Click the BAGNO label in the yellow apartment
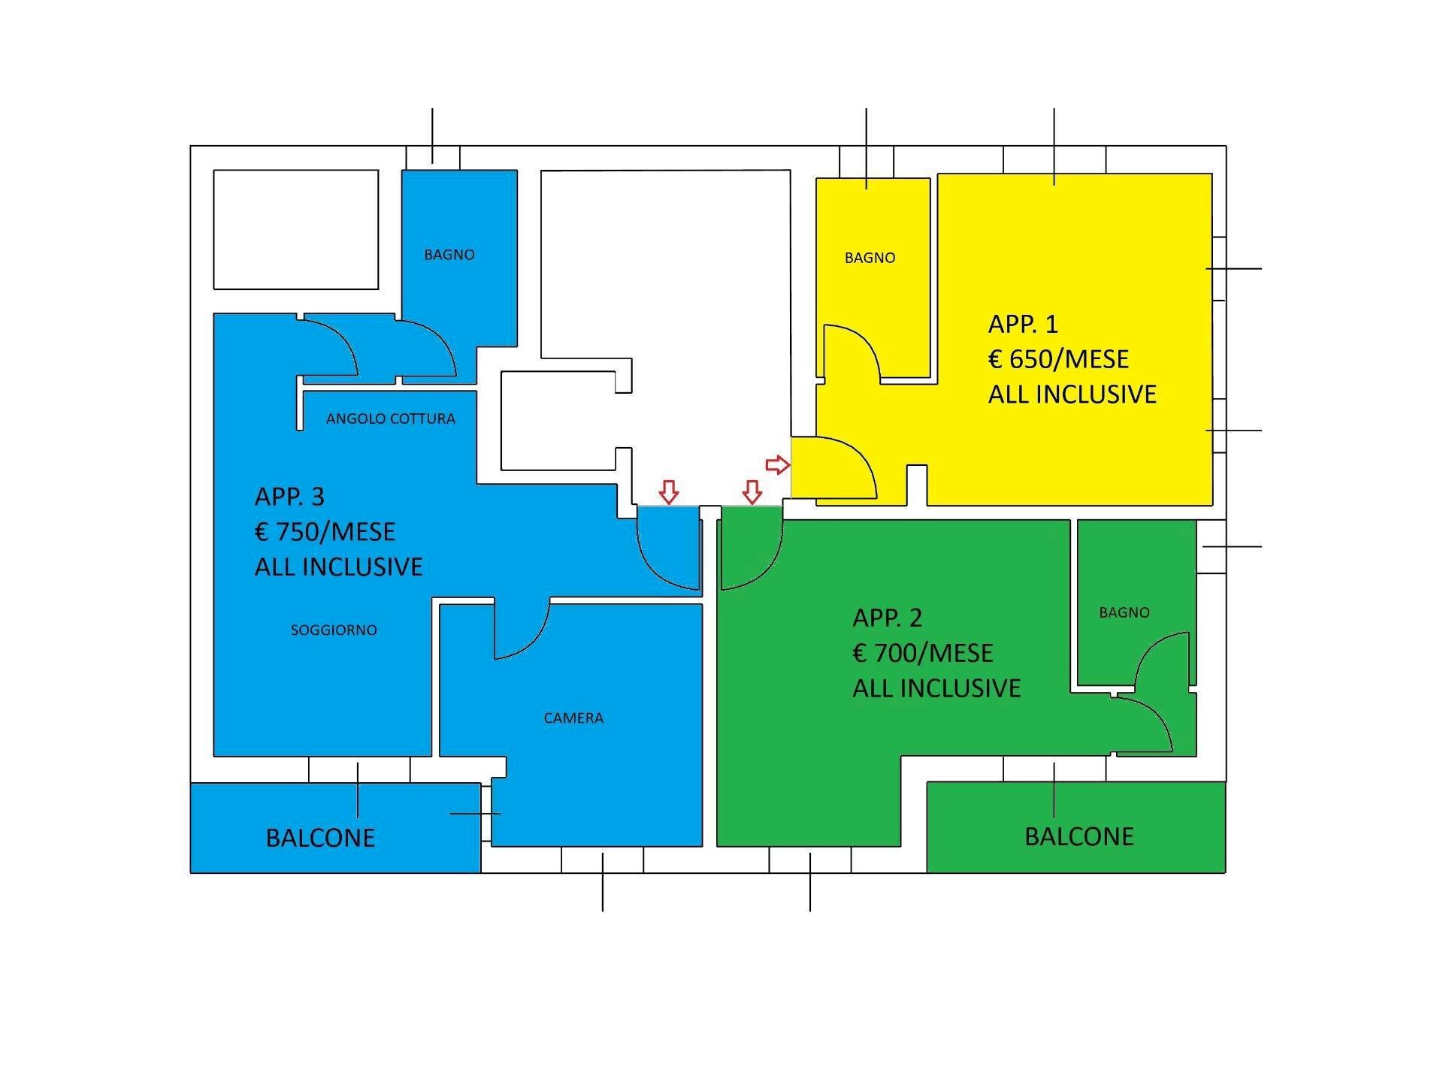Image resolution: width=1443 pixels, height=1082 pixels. [870, 258]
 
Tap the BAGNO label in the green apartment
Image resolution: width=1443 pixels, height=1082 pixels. [1124, 612]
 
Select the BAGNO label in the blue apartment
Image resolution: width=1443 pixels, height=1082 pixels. [449, 255]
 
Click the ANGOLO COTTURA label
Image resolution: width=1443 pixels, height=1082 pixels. [390, 419]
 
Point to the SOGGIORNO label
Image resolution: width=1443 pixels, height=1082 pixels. [334, 630]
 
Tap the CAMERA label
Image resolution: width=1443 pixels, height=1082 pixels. [573, 718]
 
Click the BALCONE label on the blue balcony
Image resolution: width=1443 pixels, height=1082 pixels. [320, 838]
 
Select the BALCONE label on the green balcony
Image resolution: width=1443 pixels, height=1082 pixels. [1078, 836]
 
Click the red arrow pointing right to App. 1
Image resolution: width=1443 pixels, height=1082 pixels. [778, 465]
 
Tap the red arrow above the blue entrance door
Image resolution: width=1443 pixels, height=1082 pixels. [668, 492]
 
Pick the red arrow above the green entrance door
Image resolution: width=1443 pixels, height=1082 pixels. [752, 492]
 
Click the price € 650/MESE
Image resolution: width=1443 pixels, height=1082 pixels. [1058, 359]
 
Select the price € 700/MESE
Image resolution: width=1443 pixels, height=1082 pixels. [923, 653]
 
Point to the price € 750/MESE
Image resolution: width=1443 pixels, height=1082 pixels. [325, 532]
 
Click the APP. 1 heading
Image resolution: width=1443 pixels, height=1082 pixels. [1023, 324]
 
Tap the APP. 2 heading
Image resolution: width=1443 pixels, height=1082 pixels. [887, 618]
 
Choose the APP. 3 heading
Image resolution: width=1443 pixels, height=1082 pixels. [289, 497]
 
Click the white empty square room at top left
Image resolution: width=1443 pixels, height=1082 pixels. [295, 229]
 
